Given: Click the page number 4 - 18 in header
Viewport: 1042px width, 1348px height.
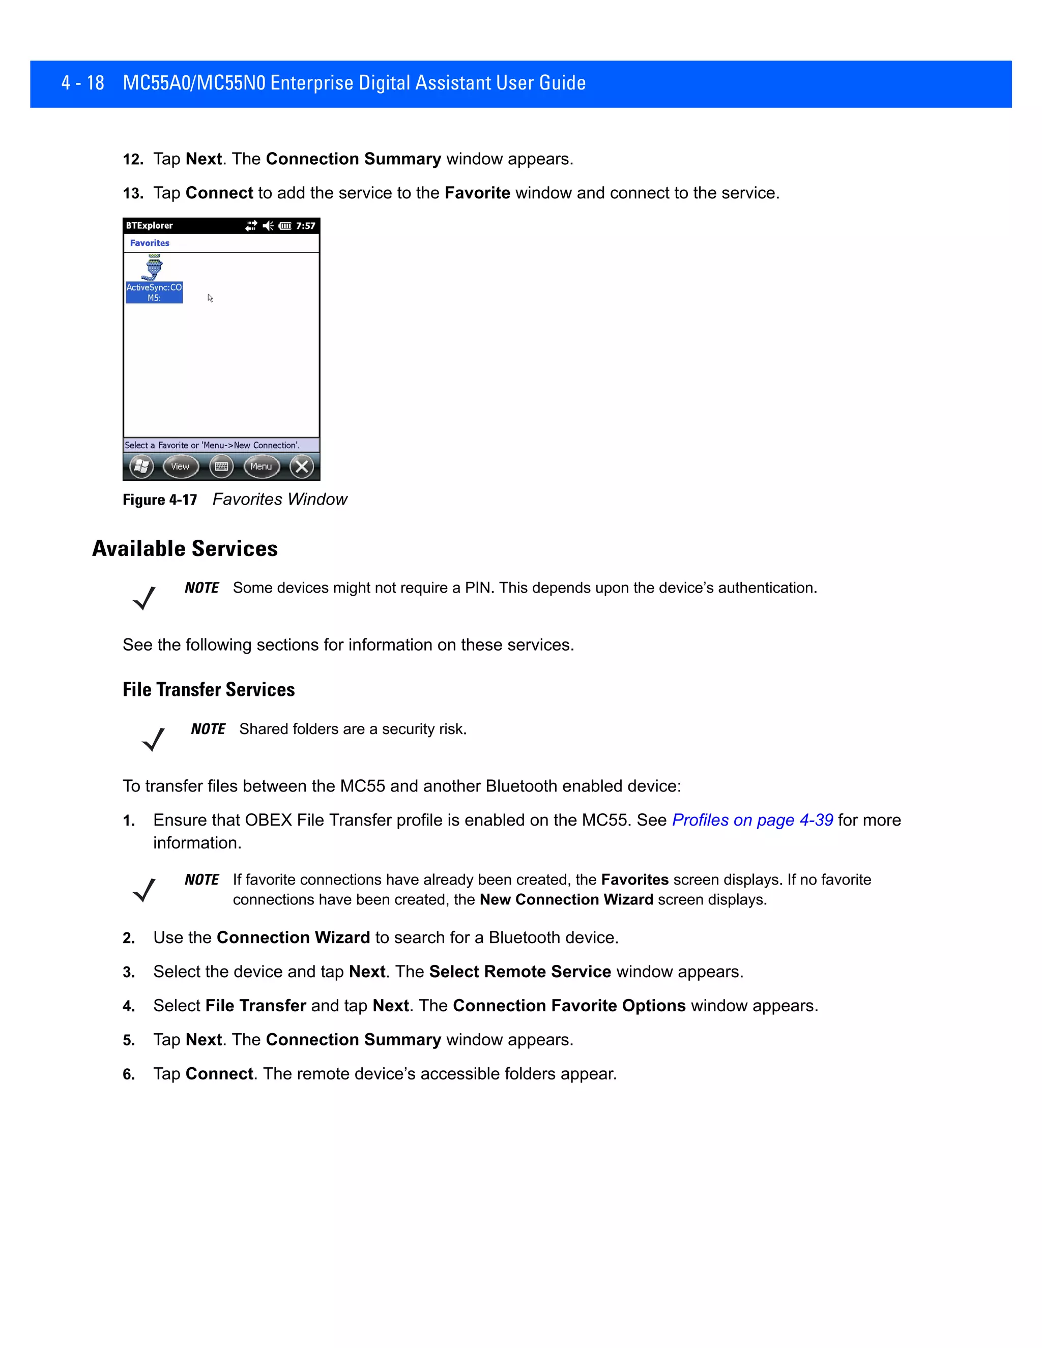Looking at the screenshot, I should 83,83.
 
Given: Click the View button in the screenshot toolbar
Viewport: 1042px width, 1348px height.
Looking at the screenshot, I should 180,466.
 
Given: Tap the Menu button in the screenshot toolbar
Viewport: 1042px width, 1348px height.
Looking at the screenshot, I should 261,466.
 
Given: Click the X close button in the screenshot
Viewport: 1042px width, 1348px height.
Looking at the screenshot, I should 302,466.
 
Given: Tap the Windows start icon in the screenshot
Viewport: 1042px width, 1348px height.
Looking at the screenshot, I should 141,466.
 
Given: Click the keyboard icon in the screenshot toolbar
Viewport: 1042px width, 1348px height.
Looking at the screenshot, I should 221,466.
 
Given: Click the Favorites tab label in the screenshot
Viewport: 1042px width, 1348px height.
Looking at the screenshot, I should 150,243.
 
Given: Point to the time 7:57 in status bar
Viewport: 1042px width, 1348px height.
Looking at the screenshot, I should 306,226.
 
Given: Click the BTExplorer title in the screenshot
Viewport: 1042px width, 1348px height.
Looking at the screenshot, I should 150,226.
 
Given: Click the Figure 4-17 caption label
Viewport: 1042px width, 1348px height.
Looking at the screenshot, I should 160,500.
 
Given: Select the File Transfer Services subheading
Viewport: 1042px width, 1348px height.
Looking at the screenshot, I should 209,689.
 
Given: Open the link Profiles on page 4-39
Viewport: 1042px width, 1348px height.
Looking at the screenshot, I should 752,820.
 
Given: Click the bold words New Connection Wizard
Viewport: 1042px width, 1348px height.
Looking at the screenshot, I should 566,900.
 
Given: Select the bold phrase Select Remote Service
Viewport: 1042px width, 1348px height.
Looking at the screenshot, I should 520,972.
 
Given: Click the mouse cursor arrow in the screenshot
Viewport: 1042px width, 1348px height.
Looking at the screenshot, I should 210,298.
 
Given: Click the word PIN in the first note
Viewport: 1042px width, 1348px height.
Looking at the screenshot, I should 477,588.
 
